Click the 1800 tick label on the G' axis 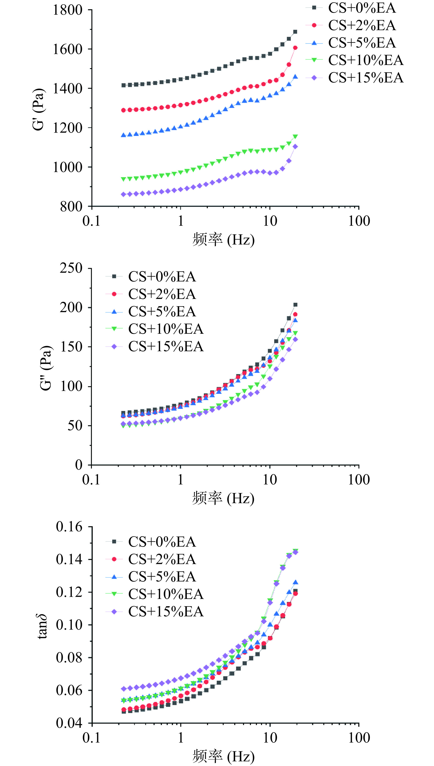point(67,10)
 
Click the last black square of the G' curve point(295,32)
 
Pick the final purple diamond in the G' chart point(295,147)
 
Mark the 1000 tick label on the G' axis point(67,167)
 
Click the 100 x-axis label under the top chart point(359,221)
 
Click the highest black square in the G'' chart point(295,305)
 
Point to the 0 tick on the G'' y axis point(78,465)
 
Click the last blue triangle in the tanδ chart point(295,582)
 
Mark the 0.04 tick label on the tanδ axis point(69,723)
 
